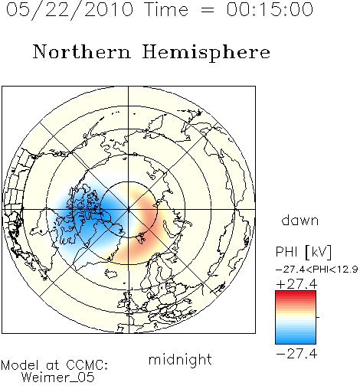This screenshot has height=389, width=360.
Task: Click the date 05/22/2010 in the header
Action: (x=70, y=10)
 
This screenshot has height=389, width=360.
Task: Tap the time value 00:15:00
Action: (x=270, y=9)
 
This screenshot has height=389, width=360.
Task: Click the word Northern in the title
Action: (x=82, y=51)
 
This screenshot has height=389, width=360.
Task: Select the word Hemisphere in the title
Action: (x=206, y=53)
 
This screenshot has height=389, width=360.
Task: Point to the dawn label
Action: (x=300, y=220)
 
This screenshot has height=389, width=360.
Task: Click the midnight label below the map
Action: (x=180, y=360)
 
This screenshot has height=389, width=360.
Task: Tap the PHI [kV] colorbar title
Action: (x=304, y=252)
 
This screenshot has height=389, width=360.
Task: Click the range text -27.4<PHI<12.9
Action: (x=317, y=270)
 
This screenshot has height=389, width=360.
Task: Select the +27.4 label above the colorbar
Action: (x=296, y=284)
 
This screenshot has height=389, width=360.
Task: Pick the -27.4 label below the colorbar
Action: (x=296, y=354)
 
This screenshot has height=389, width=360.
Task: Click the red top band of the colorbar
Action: (x=296, y=294)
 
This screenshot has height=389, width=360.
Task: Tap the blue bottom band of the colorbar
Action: (x=296, y=341)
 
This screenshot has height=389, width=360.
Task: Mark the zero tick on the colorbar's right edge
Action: (x=318, y=317)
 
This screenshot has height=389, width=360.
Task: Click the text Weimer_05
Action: (x=58, y=378)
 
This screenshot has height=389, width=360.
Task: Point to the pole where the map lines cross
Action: (x=129, y=210)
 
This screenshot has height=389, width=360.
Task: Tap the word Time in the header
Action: (x=166, y=9)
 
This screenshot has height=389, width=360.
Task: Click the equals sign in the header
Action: (x=208, y=10)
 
